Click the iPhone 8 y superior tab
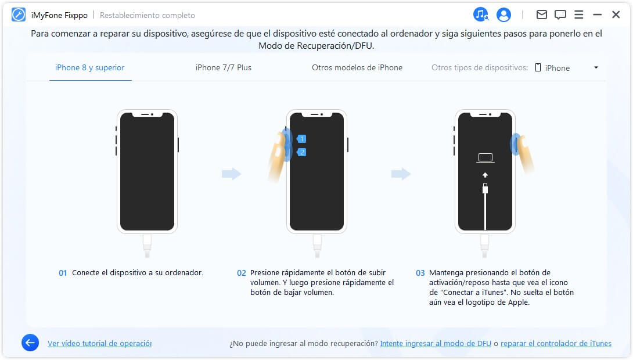(90, 68)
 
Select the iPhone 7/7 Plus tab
(223, 68)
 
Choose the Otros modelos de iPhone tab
(357, 68)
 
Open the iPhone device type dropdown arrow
(596, 68)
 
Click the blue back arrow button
(30, 343)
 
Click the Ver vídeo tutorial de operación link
(99, 344)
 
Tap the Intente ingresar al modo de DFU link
(436, 344)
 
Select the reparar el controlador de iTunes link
(556, 344)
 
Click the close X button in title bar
(616, 15)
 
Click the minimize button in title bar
(597, 15)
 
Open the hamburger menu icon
(578, 15)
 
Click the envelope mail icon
(541, 15)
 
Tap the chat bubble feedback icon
(560, 15)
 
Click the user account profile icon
(503, 15)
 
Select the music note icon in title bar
(481, 15)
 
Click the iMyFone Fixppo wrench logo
(19, 15)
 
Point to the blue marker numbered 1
(301, 139)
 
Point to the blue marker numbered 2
(301, 152)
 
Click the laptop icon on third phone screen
(485, 157)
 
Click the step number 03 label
(420, 273)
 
